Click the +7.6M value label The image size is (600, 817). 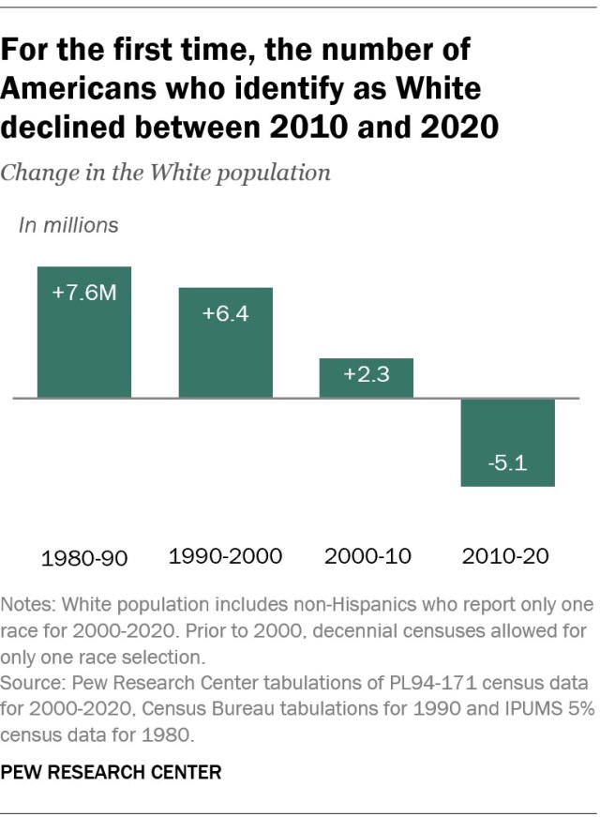point(84,293)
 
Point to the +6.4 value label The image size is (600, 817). point(226,313)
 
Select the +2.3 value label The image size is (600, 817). point(367,375)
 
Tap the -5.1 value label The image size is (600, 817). point(508,463)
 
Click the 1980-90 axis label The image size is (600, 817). point(84,558)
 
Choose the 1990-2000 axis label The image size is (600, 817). point(226,555)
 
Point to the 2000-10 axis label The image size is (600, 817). point(367,555)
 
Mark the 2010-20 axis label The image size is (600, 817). point(507,555)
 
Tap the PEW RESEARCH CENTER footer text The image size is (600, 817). point(112,773)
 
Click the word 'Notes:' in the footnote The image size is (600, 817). point(29,603)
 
